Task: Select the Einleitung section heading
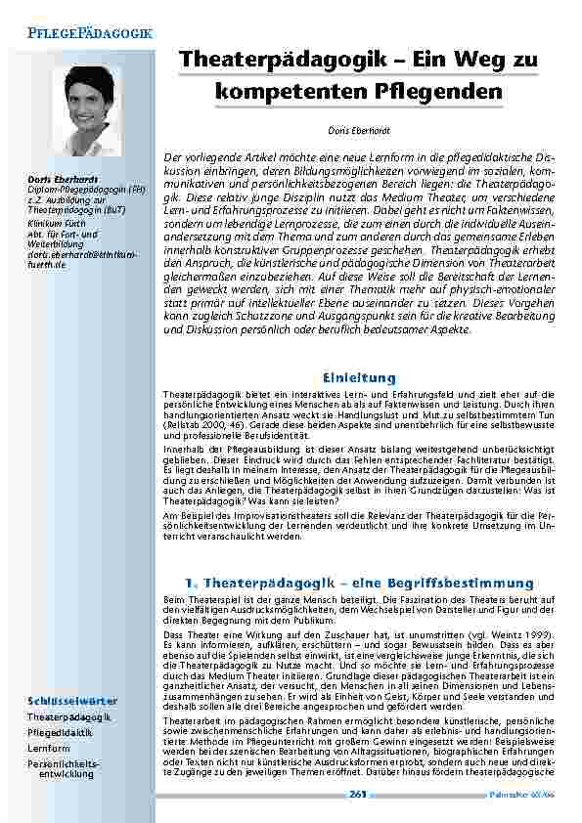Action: (359, 377)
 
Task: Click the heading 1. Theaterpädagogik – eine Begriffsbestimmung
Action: (359, 583)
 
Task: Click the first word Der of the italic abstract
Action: (171, 156)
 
